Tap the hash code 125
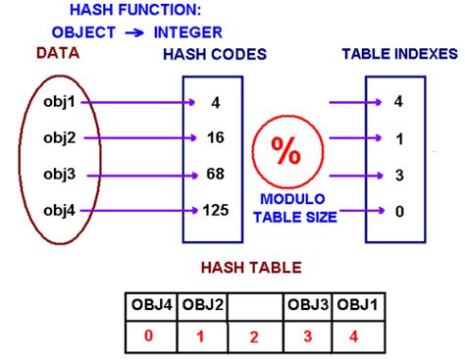tap(215, 209)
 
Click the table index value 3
tap(397, 175)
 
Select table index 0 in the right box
tap(397, 209)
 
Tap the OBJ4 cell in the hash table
tap(152, 307)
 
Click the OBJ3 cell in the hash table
tap(307, 307)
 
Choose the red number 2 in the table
tap(255, 337)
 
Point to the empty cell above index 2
tap(255, 307)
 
